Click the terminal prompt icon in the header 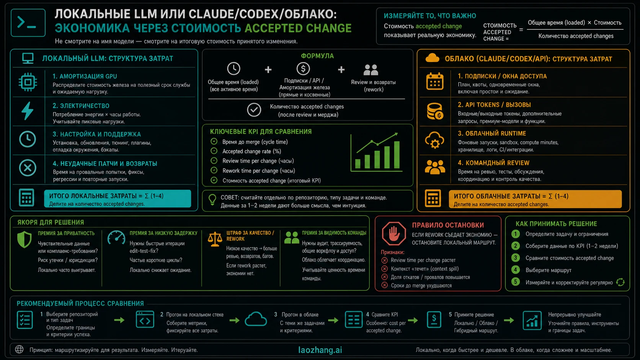[28, 23]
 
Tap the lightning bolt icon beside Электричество [28, 111]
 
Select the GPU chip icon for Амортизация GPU [28, 82]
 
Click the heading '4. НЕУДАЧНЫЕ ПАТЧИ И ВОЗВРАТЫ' [105, 164]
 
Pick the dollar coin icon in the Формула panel [303, 69]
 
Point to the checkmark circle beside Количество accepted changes [254, 110]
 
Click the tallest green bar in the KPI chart [397, 155]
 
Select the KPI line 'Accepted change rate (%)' [252, 151]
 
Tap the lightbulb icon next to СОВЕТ [212, 200]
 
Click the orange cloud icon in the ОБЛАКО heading [432, 58]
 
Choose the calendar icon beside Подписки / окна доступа [434, 81]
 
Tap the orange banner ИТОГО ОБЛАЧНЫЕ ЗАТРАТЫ [535, 199]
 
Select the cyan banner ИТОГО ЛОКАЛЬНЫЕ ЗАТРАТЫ [118, 199]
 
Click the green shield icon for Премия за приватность [24, 239]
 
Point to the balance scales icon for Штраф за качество [215, 239]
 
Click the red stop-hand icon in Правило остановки [394, 233]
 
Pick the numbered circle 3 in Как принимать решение [516, 258]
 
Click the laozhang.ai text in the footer [320, 350]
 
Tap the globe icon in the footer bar [20, 349]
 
